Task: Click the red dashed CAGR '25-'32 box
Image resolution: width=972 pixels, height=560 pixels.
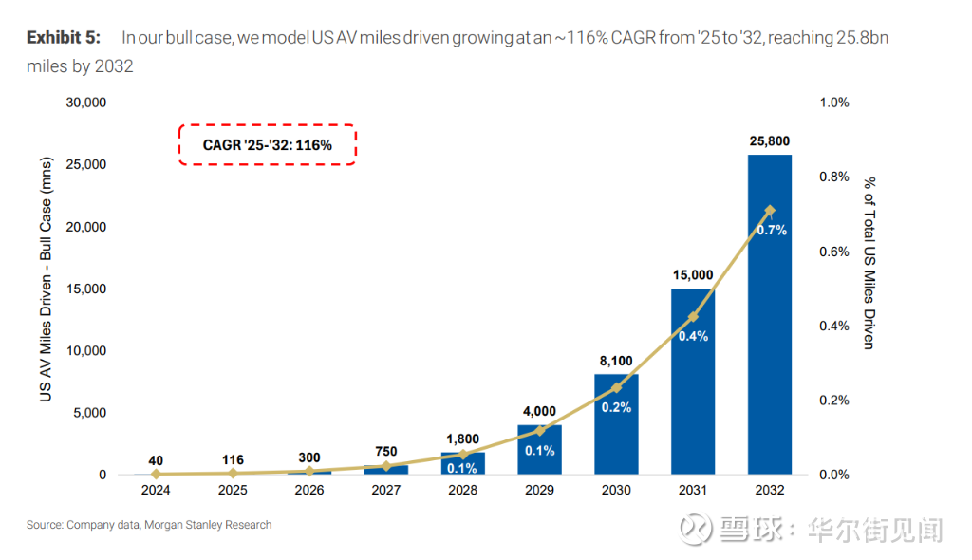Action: click(267, 145)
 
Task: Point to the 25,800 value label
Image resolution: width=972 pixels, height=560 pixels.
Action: click(769, 141)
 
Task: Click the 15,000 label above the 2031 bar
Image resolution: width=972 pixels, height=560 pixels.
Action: click(692, 275)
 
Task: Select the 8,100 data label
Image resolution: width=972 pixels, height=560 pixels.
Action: click(616, 361)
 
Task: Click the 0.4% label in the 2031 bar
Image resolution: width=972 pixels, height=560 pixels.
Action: click(692, 336)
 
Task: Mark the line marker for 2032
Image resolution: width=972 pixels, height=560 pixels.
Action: click(769, 211)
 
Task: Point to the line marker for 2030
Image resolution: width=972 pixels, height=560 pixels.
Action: click(616, 387)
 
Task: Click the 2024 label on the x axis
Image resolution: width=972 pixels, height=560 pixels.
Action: click(156, 491)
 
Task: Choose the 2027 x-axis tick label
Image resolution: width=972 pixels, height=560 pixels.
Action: click(385, 491)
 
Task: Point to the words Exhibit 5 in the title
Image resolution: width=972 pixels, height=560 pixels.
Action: click(63, 38)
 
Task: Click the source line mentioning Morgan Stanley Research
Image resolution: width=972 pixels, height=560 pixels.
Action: click(149, 525)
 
